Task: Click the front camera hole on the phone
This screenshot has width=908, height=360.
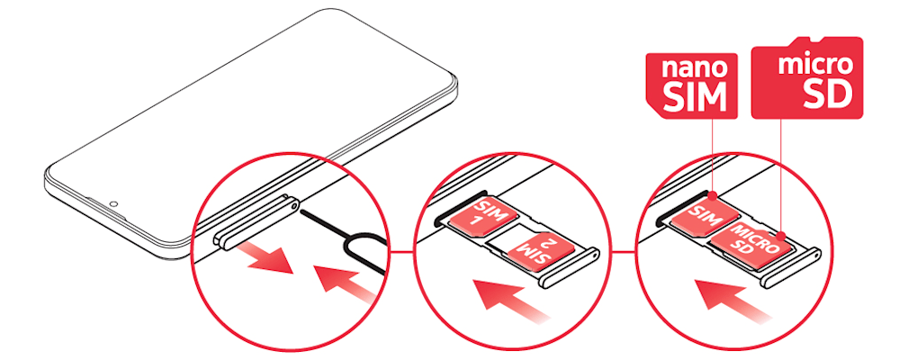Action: pos(114,203)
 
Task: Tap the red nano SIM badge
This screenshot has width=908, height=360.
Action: pos(691,85)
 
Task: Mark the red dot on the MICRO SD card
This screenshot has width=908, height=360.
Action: pos(781,235)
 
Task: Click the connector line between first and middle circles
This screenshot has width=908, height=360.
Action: pos(403,252)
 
